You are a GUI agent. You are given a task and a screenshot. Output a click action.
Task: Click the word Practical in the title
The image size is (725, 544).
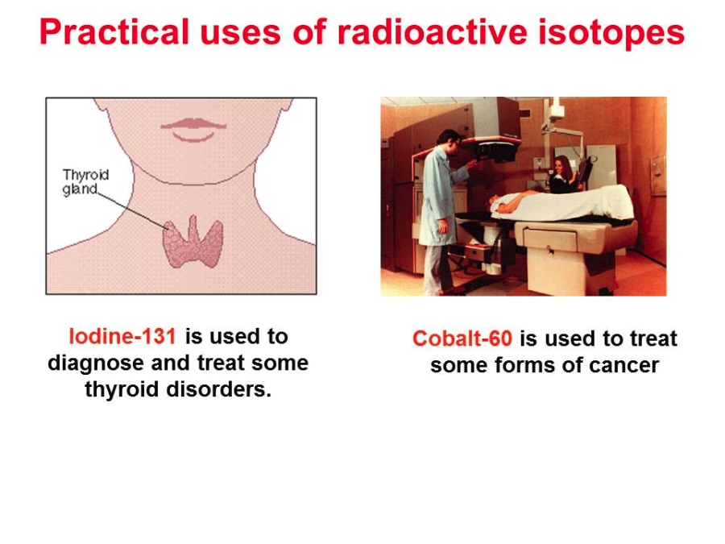coord(114,32)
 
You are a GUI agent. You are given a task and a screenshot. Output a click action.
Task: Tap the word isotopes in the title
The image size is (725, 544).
coord(611,32)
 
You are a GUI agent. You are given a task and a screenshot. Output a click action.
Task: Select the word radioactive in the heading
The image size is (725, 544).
coord(433,31)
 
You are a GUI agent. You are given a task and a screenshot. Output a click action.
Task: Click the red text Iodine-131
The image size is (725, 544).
coord(122,336)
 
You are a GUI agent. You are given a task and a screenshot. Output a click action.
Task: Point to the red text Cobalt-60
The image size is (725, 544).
coord(462,338)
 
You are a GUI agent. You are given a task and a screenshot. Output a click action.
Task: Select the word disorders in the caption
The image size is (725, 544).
coord(218,389)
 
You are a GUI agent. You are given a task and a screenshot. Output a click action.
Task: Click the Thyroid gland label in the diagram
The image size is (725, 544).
coord(85,182)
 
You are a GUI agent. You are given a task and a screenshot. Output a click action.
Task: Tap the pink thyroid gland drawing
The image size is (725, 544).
coord(193,242)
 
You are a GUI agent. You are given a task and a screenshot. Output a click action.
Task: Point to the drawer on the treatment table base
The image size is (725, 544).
coord(549,240)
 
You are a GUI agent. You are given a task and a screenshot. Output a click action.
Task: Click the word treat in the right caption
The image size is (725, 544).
coord(655,338)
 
